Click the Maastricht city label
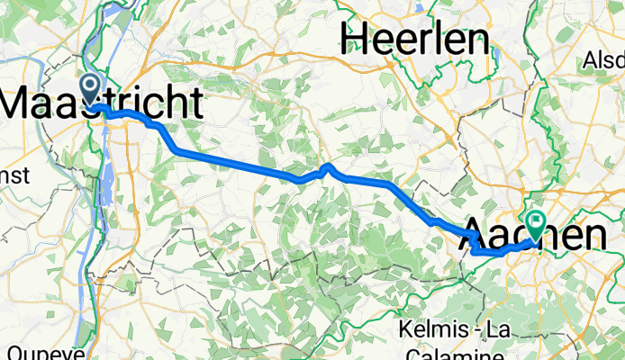click(101, 102)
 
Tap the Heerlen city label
click(414, 38)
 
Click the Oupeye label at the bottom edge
click(27, 352)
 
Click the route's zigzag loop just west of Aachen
click(473, 243)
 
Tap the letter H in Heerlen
click(354, 38)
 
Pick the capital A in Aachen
click(476, 237)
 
